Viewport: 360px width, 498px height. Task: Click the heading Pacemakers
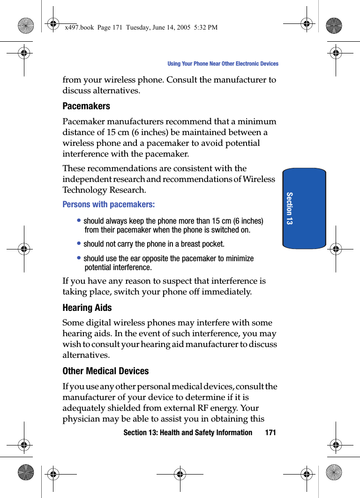(x=86, y=106)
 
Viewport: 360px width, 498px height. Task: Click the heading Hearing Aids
(x=87, y=308)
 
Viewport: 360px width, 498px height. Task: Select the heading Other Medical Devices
(x=105, y=371)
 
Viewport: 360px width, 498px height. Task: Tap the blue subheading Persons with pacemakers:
(x=109, y=205)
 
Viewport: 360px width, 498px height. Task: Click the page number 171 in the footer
(x=270, y=433)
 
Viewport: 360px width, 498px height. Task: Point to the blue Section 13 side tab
(x=304, y=208)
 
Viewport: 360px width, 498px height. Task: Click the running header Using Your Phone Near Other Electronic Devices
(x=223, y=64)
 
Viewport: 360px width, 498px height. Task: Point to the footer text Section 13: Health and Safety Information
(x=187, y=433)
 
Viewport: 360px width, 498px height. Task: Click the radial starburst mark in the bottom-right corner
(x=334, y=473)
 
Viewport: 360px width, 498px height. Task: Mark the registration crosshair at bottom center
(x=180, y=474)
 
